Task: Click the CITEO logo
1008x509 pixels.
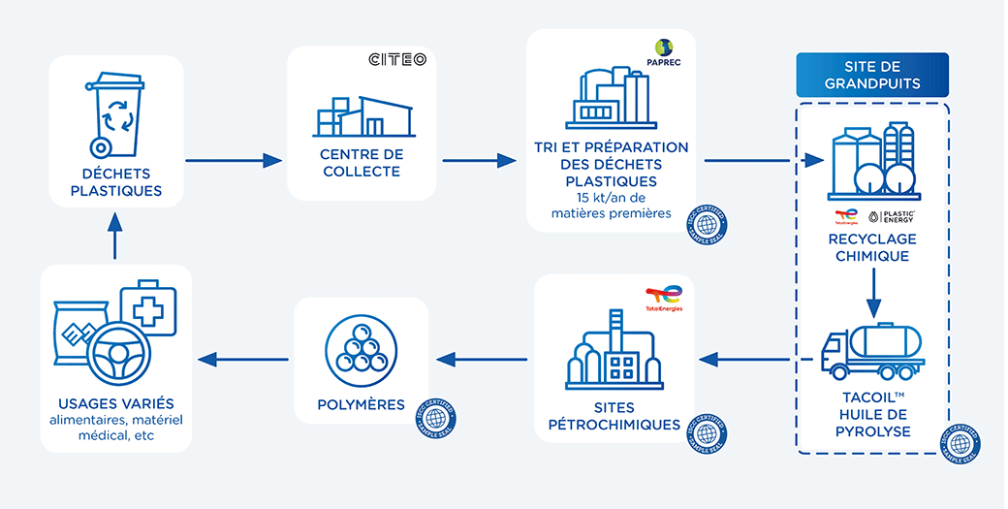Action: point(397,60)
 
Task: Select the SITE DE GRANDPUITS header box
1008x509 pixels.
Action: point(871,75)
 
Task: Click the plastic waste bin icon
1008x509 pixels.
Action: point(116,114)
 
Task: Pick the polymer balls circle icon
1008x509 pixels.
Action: point(360,348)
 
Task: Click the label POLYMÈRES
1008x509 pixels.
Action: point(361,404)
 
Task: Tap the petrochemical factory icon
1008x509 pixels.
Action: point(613,356)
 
